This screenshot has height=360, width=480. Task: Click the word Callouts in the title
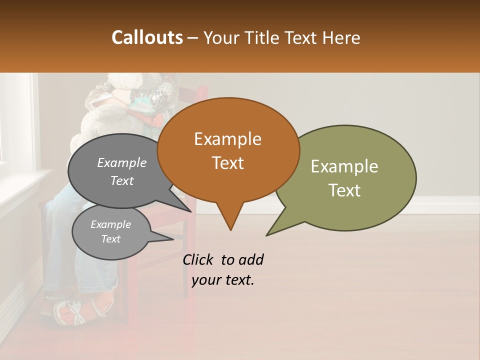click(147, 37)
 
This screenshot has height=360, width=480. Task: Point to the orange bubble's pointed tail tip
click(230, 229)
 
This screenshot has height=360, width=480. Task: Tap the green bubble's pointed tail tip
click(267, 235)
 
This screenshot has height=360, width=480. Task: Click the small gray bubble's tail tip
click(172, 239)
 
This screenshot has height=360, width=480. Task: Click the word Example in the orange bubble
click(227, 139)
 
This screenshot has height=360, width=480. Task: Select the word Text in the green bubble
click(344, 190)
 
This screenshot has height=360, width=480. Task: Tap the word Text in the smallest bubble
click(110, 239)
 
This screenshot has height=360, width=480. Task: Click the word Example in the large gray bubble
click(121, 162)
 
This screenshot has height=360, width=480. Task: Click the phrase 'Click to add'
click(223, 259)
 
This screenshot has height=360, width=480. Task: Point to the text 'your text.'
click(223, 280)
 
